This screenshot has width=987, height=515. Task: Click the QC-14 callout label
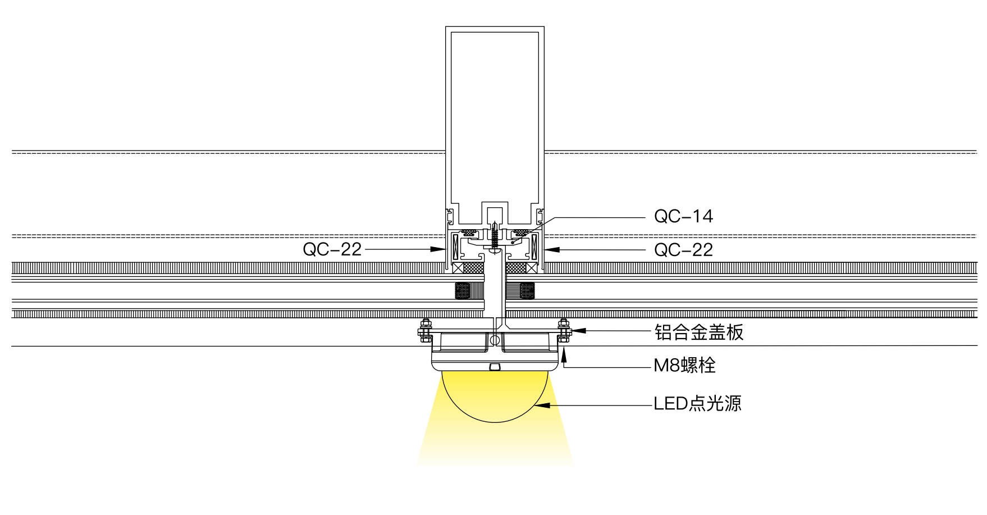click(683, 216)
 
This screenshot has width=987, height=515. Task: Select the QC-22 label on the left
click(332, 249)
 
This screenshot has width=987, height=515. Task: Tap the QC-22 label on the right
click(683, 250)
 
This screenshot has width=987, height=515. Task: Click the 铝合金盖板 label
click(699, 332)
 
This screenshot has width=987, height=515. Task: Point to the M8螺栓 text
click(684, 366)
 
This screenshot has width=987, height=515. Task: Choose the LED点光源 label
click(697, 403)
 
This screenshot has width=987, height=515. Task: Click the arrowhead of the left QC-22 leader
click(438, 249)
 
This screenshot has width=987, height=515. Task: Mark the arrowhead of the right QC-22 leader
click(552, 250)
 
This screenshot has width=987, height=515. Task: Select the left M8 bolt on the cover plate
click(425, 330)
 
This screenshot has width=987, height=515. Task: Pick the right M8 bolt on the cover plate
click(564, 330)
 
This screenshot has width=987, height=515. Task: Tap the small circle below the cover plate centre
click(495, 340)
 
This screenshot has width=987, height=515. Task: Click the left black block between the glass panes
click(463, 291)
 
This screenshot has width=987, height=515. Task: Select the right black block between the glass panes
click(527, 291)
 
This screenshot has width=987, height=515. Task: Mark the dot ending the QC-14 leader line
click(513, 242)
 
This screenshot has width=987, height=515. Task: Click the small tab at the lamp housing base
click(495, 367)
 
